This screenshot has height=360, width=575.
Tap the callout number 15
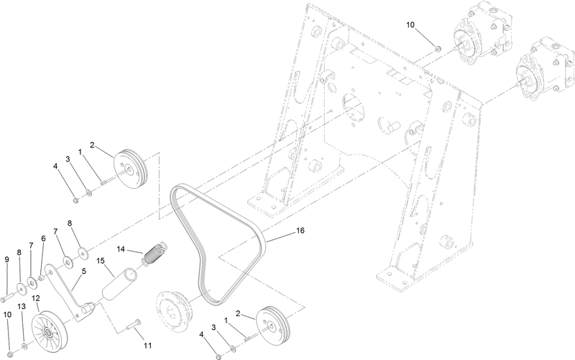[x=100, y=261]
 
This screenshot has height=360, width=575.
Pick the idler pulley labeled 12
[x=51, y=330]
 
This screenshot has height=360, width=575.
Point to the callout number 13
[x=22, y=306]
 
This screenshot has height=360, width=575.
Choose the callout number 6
[x=43, y=239]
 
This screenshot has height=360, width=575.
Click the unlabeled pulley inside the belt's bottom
[x=172, y=310]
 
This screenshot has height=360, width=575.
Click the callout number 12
[x=34, y=298]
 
